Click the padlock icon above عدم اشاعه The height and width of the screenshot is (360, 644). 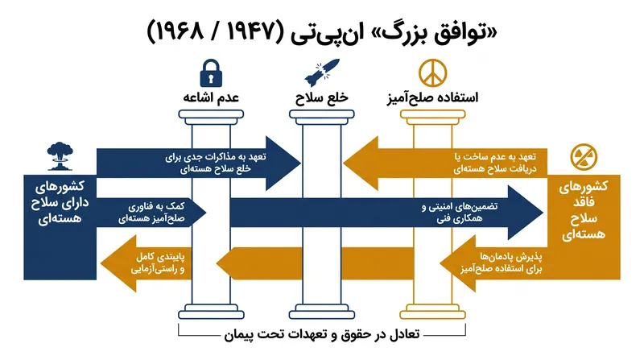[x=211, y=73]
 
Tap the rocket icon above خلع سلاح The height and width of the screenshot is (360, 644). [x=322, y=72]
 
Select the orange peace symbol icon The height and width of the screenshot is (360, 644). [x=432, y=73]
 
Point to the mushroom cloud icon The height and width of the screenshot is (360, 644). [x=60, y=156]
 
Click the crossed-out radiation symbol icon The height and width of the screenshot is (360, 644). [x=584, y=157]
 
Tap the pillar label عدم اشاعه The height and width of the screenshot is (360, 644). [x=211, y=97]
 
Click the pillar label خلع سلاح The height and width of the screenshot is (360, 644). [x=321, y=97]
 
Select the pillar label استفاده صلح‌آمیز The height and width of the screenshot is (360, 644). [x=432, y=97]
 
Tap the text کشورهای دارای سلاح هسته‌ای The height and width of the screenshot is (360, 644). [x=60, y=202]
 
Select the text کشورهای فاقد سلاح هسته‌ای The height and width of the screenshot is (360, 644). [x=583, y=210]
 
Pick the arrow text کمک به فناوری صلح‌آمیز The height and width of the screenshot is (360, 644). [x=151, y=213]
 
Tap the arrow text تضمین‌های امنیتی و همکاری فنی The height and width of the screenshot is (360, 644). [x=460, y=213]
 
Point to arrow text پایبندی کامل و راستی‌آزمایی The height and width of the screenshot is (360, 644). [x=158, y=263]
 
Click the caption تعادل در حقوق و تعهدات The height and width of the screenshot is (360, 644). [x=322, y=334]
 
